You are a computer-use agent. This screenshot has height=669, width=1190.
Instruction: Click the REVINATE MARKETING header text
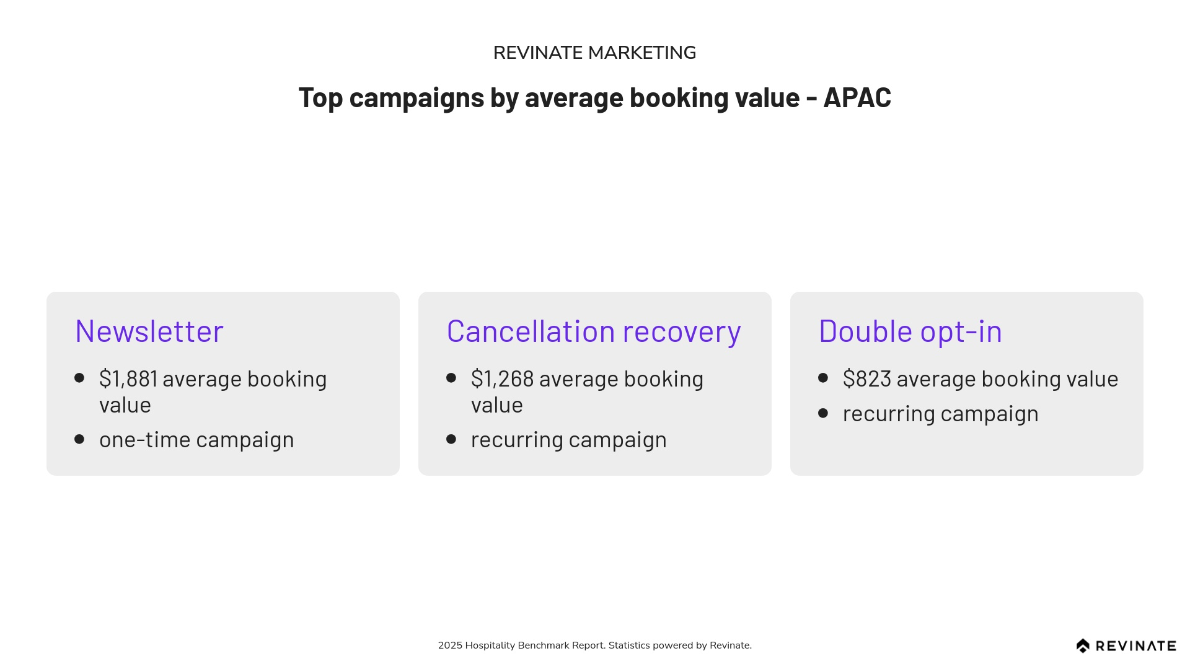click(594, 53)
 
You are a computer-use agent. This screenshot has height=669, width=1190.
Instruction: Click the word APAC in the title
click(857, 98)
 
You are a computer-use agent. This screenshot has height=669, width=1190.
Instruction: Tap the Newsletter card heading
click(149, 331)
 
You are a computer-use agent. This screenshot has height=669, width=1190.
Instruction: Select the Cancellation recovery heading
click(594, 331)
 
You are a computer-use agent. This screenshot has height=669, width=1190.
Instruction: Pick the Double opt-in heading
click(910, 331)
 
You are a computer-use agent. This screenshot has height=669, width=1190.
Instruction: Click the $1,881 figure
click(128, 379)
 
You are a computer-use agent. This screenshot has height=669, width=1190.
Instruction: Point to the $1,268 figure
click(503, 379)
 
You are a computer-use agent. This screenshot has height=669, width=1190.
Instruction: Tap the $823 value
click(867, 379)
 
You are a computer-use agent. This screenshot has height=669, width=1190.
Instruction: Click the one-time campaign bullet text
click(196, 440)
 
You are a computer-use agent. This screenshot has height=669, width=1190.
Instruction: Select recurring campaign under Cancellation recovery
click(569, 440)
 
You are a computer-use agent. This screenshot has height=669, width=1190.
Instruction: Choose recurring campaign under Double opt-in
click(941, 414)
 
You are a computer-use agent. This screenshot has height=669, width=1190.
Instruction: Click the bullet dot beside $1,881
click(79, 378)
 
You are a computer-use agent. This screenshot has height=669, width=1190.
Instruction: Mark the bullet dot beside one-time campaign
click(79, 439)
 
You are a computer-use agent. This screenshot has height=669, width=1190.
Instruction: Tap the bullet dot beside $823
click(823, 378)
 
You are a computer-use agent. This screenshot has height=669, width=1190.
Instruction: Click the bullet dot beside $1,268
click(451, 378)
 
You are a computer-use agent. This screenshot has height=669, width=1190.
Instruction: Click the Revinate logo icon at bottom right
click(1083, 646)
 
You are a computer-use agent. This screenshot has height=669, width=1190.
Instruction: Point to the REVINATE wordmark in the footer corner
click(1136, 646)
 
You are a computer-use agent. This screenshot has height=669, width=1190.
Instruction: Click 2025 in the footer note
click(450, 645)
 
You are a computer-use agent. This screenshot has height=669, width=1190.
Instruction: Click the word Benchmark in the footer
click(543, 645)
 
